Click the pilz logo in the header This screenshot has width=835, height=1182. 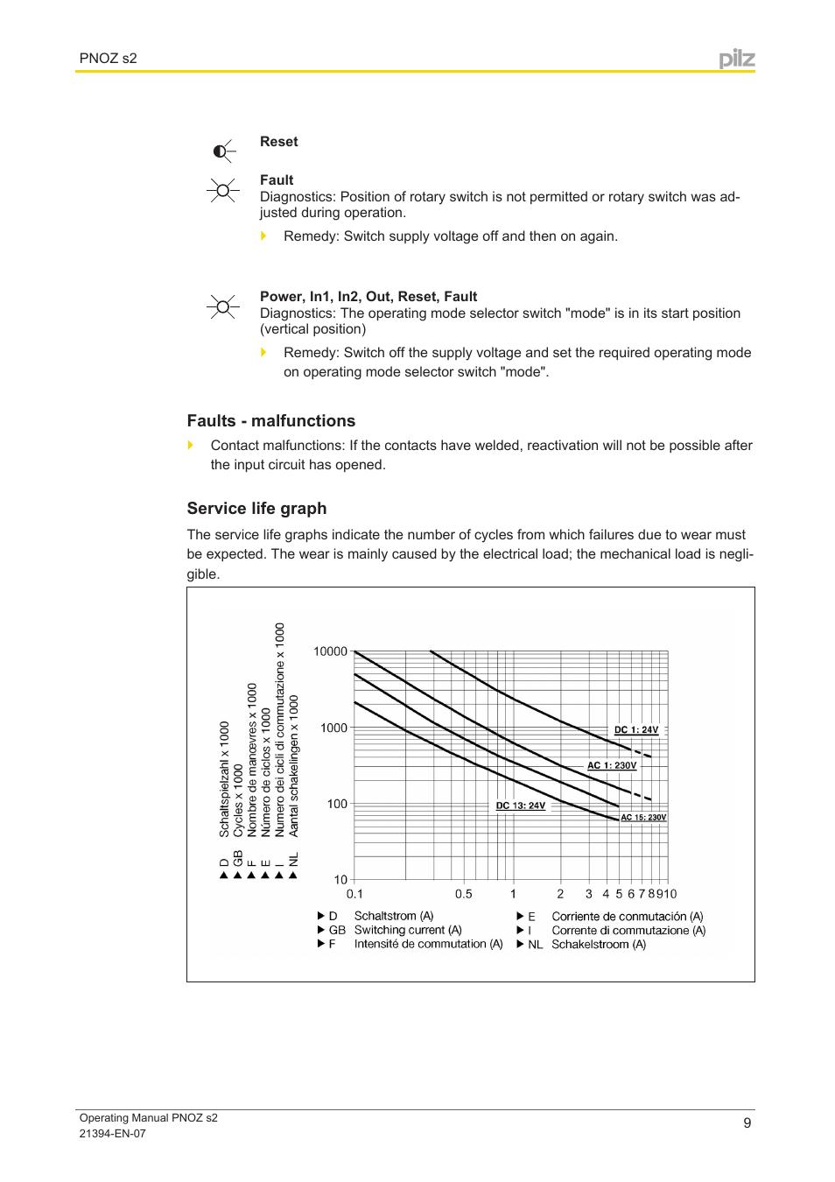pos(736,59)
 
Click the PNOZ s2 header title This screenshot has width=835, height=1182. pos(109,59)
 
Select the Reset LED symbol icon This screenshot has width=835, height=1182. pos(223,151)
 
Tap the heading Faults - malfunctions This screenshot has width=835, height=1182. pos(271,421)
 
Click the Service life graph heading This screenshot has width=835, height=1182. pos(256,509)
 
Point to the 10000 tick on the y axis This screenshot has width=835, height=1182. pos(330,651)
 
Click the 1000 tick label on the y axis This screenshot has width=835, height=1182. pos(333,728)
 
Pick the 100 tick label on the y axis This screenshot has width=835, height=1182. pos(337,804)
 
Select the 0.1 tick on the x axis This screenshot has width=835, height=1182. pos(354,894)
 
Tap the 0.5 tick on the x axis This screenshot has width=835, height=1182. pos(464,894)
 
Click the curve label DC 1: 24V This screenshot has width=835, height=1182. pos(636,730)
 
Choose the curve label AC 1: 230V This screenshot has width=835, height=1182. pos(612,766)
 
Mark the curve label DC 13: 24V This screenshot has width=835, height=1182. pos(521,806)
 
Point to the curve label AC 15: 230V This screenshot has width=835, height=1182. pos(643,818)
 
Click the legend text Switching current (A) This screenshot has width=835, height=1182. pos(408,930)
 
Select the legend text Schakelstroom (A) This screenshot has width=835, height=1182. pos(599,944)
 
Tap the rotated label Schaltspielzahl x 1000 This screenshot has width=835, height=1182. pos(224,779)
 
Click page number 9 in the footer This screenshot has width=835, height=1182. pos(747,1123)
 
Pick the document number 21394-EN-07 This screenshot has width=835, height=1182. pos(113,1133)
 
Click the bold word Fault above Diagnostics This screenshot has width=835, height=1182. pos(277,180)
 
